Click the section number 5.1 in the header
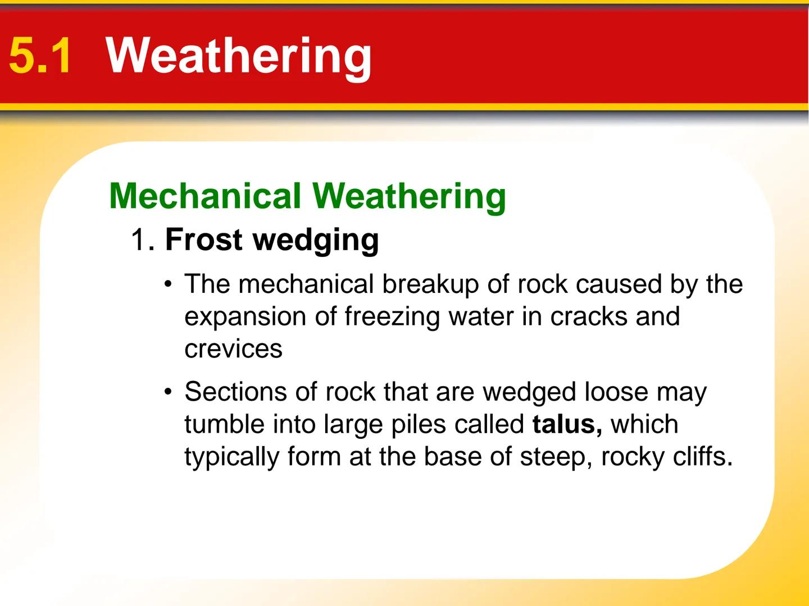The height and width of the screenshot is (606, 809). pos(40,56)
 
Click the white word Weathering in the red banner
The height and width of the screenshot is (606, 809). pos(239,56)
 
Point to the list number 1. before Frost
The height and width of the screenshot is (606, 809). pos(142,240)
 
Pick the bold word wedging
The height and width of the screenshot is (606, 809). pos(316,241)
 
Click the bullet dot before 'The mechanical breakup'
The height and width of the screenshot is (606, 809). pos(167,284)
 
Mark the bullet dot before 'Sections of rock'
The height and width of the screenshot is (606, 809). pos(167,392)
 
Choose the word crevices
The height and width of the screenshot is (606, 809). pos(233,349)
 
